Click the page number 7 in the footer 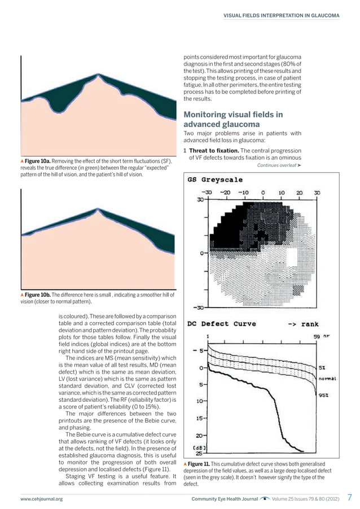[349, 498]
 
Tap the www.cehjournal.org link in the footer [41, 499]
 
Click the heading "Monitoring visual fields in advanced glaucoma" [234, 119]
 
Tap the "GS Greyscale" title [215, 180]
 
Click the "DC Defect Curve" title [221, 324]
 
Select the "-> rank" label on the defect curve [303, 324]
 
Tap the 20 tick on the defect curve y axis [199, 435]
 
